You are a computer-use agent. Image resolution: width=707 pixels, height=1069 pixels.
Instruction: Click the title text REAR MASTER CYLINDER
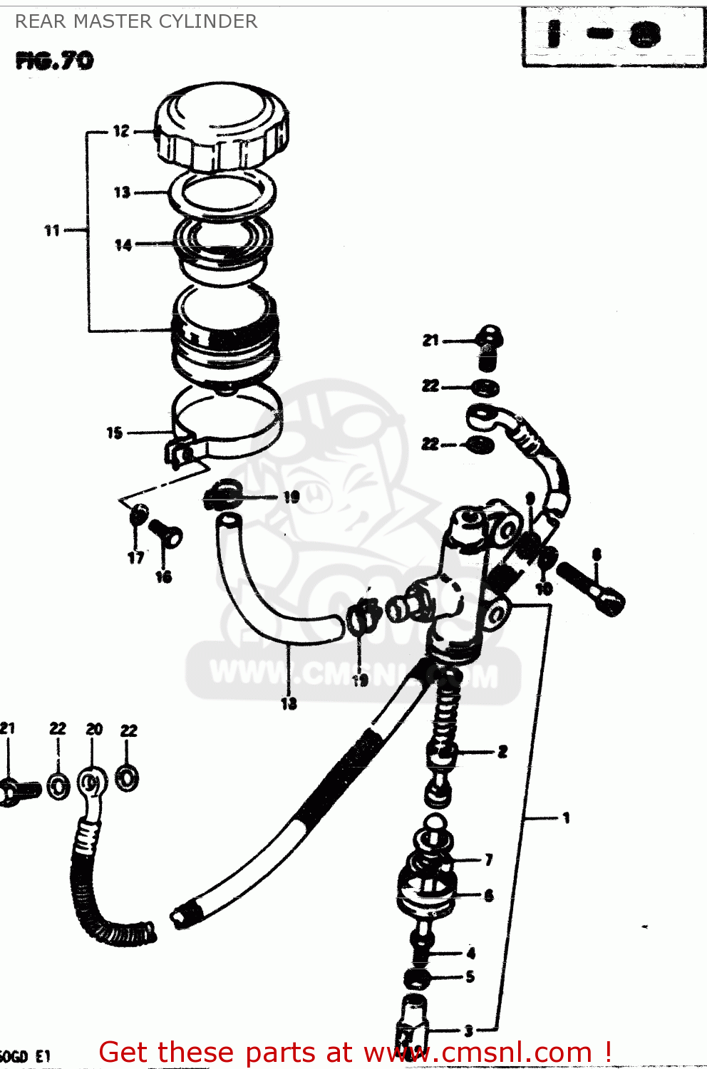(x=136, y=21)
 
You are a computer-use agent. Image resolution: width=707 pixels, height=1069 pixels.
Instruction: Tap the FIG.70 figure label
(x=54, y=61)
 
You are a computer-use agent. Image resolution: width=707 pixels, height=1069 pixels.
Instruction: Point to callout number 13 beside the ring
(x=122, y=192)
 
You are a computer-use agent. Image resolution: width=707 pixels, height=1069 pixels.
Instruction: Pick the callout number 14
(x=123, y=245)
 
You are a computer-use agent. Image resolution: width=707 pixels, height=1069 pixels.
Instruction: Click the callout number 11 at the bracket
(x=52, y=230)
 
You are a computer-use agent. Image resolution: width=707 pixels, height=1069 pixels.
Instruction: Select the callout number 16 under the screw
(x=164, y=577)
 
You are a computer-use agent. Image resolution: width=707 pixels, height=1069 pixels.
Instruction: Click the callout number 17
(x=135, y=557)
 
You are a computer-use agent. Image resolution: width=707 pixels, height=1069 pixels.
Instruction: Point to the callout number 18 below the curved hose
(x=289, y=703)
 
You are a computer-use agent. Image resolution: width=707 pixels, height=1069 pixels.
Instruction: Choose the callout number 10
(x=544, y=589)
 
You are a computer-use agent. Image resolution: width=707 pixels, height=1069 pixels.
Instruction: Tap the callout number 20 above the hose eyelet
(x=94, y=729)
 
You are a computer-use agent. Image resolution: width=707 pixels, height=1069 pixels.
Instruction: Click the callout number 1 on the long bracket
(x=566, y=817)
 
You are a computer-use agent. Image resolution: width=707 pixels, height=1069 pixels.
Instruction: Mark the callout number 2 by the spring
(x=502, y=751)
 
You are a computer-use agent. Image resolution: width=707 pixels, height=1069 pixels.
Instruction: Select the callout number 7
(x=489, y=859)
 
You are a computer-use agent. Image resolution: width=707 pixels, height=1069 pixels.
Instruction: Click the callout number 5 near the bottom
(x=470, y=976)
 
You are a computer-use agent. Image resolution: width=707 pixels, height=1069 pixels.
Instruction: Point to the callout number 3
(x=468, y=1030)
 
